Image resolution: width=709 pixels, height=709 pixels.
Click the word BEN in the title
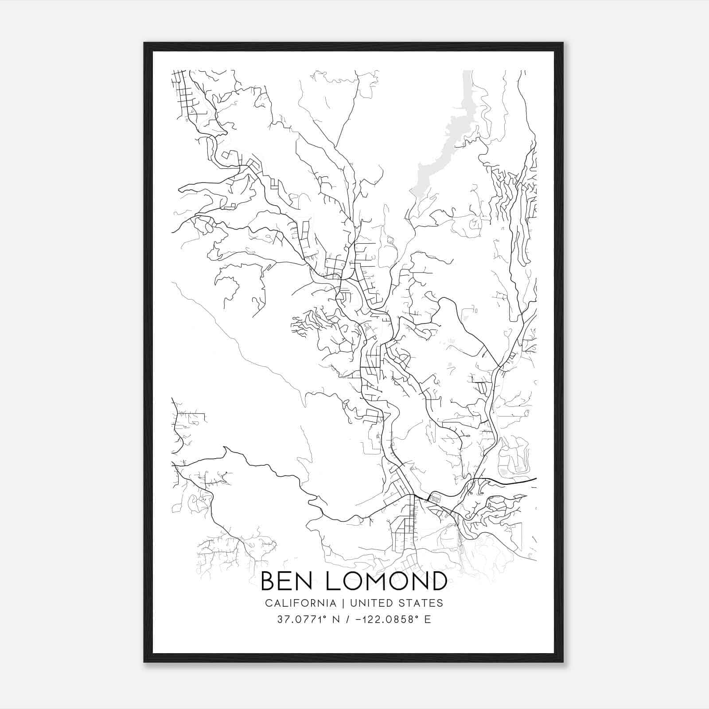coord(288,581)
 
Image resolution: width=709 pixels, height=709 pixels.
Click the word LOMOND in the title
coord(386,581)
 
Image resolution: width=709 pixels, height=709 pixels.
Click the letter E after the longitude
coord(428,619)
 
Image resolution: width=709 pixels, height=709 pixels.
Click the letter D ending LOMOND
coord(438,581)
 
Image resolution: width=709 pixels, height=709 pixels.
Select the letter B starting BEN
coord(269,581)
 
